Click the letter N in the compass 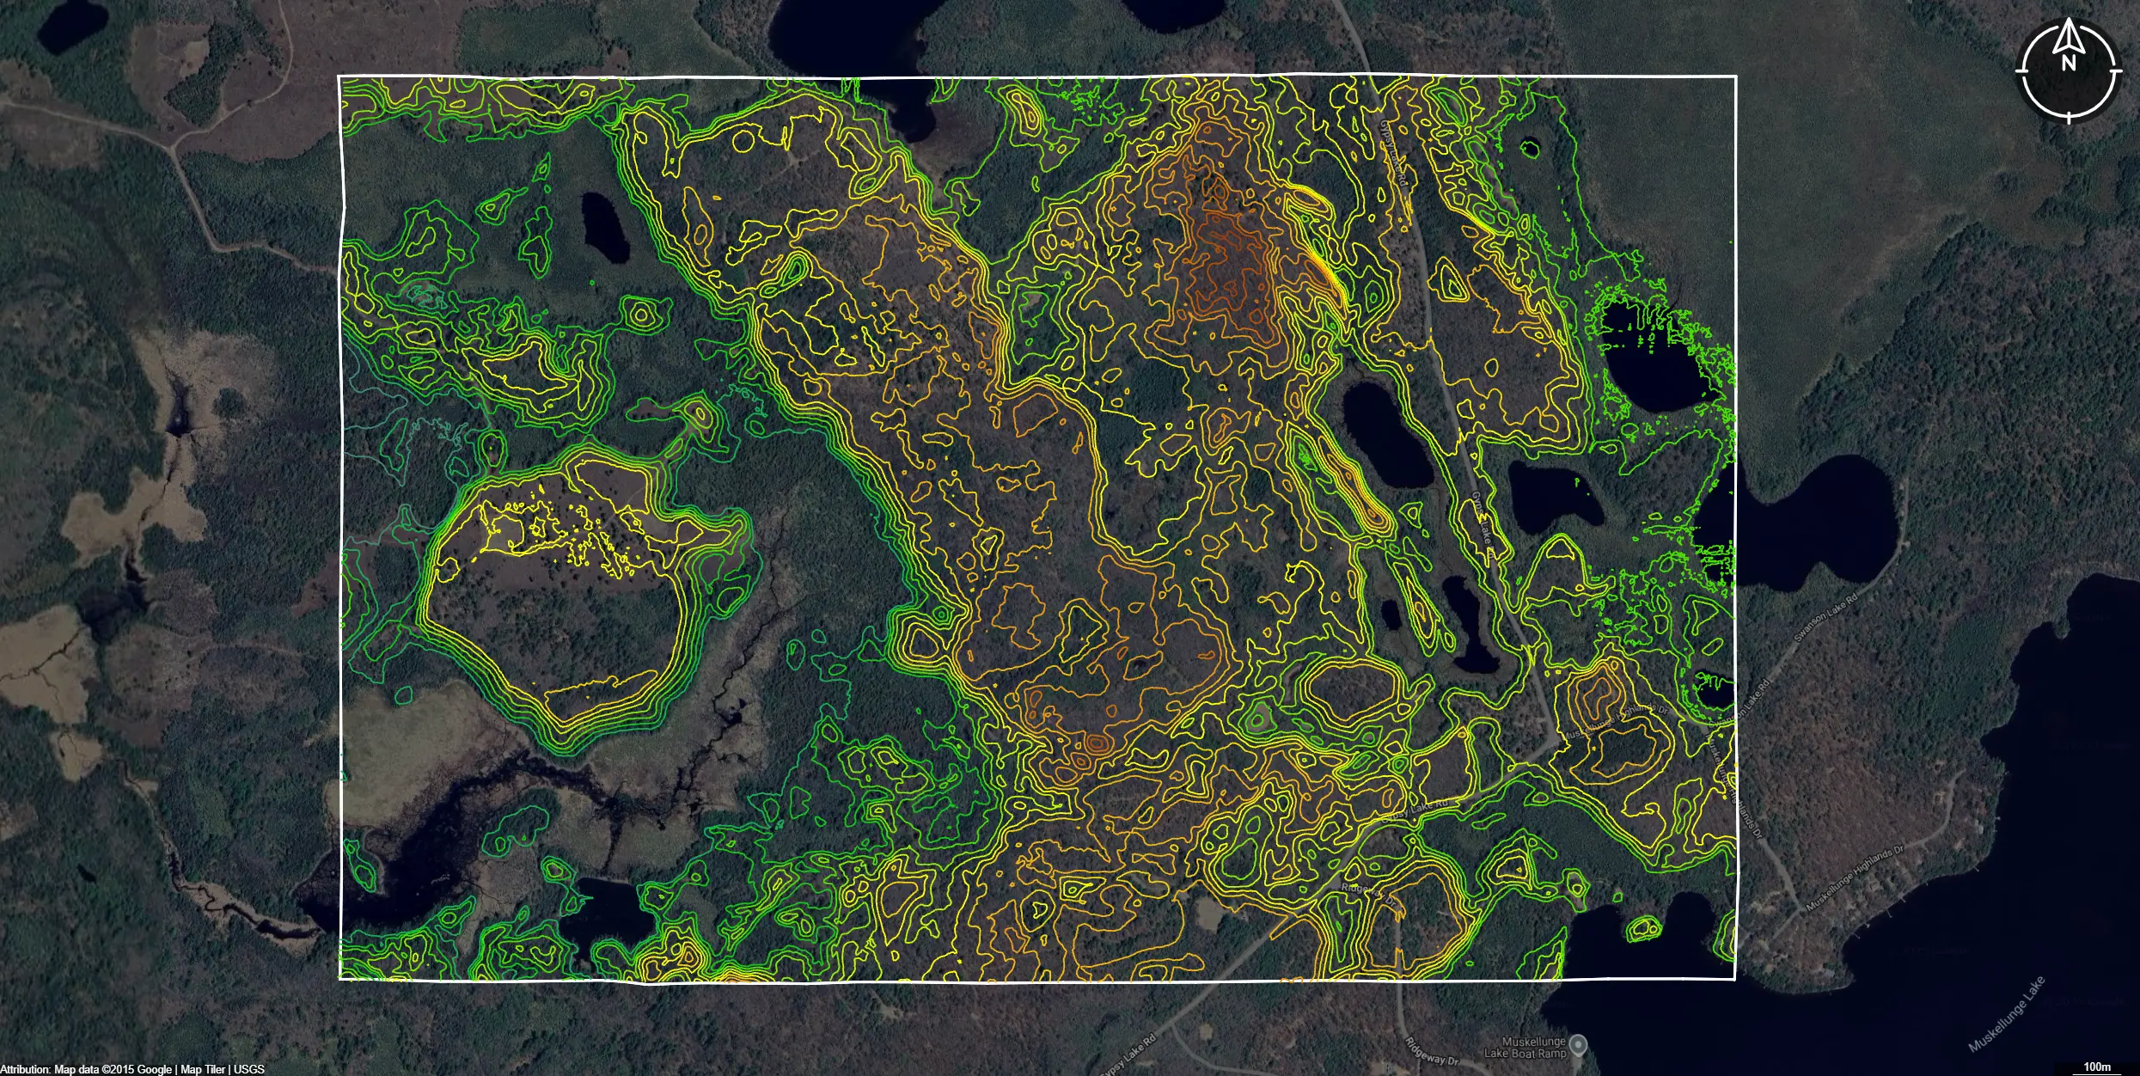(x=2068, y=63)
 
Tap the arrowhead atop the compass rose (x=2069, y=34)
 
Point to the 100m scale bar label (x=2097, y=1067)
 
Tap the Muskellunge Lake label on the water (x=2006, y=1015)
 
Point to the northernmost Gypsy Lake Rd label (x=1393, y=150)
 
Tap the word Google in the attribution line (x=155, y=1069)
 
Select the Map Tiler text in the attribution (x=203, y=1069)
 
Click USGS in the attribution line (x=249, y=1069)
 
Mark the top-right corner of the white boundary (x=1735, y=76)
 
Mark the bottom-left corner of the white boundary (x=340, y=979)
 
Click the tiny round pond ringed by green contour (x=1530, y=149)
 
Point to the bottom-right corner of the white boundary (x=1735, y=979)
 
